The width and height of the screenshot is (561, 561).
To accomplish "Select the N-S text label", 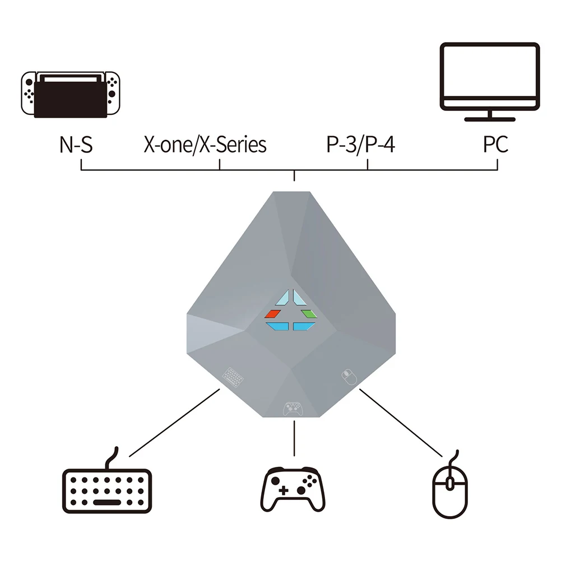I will point(76,145).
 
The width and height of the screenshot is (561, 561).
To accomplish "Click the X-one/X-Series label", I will point(205,145).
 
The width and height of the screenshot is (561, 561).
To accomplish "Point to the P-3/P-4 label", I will point(361,145).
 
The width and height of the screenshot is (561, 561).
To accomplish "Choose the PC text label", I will point(496,145).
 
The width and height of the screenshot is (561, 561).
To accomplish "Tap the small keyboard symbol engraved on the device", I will point(233,376).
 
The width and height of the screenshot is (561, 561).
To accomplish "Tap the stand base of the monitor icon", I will point(490,119).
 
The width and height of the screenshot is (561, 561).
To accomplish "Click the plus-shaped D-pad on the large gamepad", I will point(283,490).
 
